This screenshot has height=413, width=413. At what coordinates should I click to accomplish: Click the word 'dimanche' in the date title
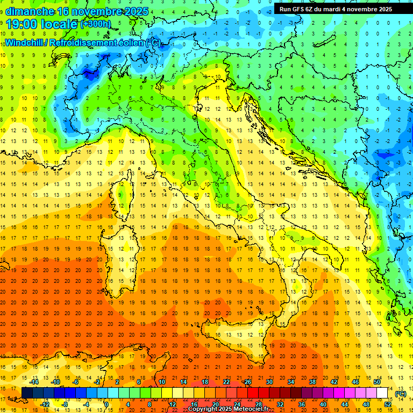point(30,11)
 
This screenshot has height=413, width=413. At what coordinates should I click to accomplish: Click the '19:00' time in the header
point(22,24)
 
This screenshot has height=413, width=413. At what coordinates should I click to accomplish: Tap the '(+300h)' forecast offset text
point(95,24)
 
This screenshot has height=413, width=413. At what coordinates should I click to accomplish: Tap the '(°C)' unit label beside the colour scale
point(401,394)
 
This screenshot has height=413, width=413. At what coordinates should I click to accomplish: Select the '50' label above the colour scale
point(376,382)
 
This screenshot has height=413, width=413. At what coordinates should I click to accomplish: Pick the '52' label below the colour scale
point(388,404)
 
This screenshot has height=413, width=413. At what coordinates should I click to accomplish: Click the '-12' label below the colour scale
point(45,404)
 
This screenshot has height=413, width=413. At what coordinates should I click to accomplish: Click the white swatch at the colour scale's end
point(382,393)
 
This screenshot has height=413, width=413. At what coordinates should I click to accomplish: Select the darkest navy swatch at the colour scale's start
point(27,393)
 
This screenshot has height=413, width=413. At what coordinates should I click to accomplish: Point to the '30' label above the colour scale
point(269,382)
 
